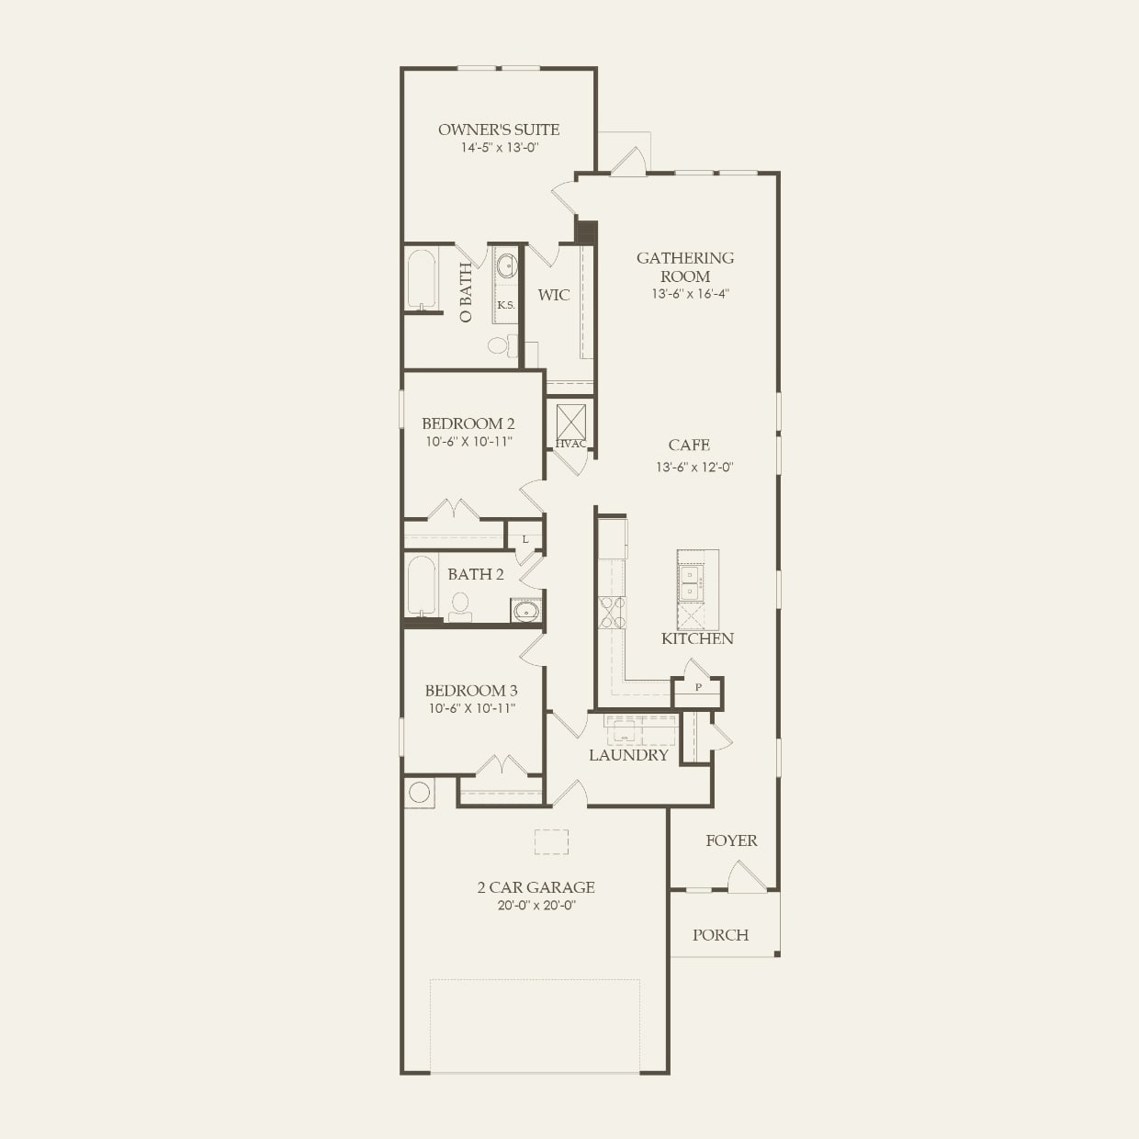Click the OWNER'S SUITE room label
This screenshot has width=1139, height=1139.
point(499,130)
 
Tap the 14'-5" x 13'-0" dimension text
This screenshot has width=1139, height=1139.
point(499,147)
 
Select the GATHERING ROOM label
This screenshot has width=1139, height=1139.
point(685,266)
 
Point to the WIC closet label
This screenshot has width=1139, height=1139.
point(554,295)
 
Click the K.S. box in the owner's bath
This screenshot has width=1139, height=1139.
point(506,305)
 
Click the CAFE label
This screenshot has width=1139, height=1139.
point(689,445)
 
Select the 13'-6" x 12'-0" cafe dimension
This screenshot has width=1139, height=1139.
point(694,467)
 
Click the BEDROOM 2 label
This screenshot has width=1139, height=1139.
point(468,423)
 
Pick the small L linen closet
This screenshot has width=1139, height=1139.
point(525,539)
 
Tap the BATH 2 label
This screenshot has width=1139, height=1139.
point(476,574)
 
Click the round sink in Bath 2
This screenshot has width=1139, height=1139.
point(526,610)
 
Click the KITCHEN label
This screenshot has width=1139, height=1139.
point(697,638)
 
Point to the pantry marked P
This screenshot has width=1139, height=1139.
point(698,688)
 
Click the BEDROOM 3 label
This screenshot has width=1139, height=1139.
point(471,690)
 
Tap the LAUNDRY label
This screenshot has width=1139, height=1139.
point(628,755)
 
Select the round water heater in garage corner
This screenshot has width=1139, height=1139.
point(420,792)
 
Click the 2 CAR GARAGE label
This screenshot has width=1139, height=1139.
point(536,886)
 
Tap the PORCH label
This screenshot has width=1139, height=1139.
point(720,935)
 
